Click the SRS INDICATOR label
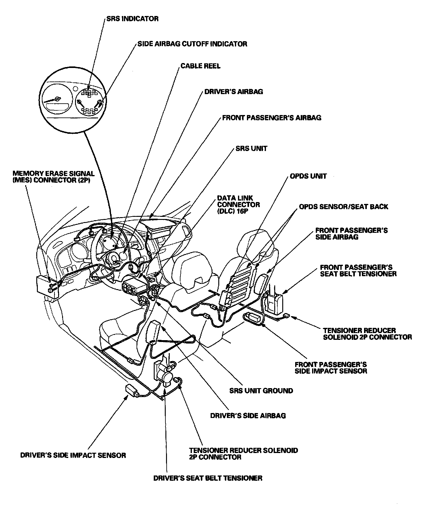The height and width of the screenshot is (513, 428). coord(132,19)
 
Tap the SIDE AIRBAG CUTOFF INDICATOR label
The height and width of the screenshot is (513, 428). coord(192,44)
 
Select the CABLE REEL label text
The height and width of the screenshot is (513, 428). coord(200,66)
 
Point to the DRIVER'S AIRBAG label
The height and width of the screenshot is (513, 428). coord(233,92)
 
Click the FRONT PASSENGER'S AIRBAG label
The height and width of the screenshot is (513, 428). coord(271,118)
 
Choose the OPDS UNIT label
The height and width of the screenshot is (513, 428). coord(308,177)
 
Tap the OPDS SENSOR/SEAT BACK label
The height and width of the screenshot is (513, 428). coord(343,207)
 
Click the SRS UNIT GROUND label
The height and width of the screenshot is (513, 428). coord(261,391)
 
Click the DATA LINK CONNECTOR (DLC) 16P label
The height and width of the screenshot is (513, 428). coord(238,205)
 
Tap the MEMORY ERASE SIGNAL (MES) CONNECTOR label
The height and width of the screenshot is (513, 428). coord(53,177)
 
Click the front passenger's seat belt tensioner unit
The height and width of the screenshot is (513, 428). coord(275,303)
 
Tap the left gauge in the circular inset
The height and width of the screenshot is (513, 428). coord(56,103)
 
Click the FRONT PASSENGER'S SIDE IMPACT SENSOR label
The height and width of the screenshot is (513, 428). coord(331,368)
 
